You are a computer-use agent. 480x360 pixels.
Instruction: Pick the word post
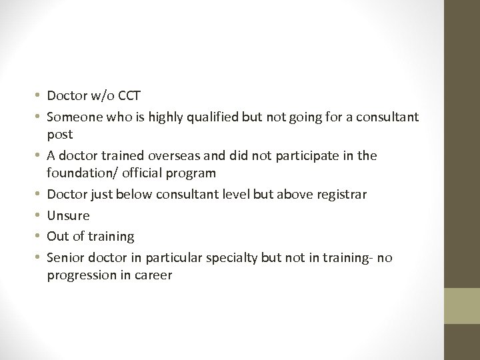[58, 135]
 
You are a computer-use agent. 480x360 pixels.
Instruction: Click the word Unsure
[68, 215]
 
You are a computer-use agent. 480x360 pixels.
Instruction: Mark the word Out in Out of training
[57, 236]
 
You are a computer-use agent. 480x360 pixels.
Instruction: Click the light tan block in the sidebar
[463, 306]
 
